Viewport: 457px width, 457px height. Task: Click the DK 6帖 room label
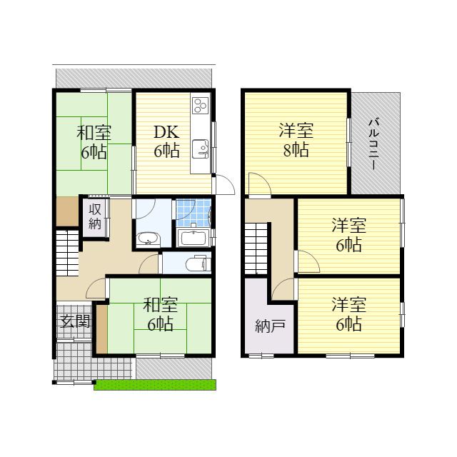pyautogui.click(x=166, y=141)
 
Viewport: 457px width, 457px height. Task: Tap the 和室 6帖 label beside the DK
pyautogui.click(x=94, y=141)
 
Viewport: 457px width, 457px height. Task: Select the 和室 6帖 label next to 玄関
pyautogui.click(x=160, y=314)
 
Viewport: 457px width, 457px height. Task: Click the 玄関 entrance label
pyautogui.click(x=74, y=321)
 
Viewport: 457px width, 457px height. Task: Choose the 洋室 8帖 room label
pyautogui.click(x=295, y=140)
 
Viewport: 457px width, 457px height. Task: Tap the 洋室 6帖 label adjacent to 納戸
pyautogui.click(x=348, y=314)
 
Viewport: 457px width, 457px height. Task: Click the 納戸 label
pyautogui.click(x=270, y=327)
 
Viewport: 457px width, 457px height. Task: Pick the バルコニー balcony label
pyautogui.click(x=373, y=144)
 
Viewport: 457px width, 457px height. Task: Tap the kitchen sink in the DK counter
pyautogui.click(x=200, y=149)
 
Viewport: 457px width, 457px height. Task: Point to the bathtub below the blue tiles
pyautogui.click(x=193, y=238)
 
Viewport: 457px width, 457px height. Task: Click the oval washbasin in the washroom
pyautogui.click(x=148, y=238)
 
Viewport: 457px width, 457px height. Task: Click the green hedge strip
pyautogui.click(x=154, y=385)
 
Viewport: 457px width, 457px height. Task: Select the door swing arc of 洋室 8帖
pyautogui.click(x=258, y=185)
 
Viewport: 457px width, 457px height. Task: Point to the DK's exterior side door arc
pyautogui.click(x=224, y=184)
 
